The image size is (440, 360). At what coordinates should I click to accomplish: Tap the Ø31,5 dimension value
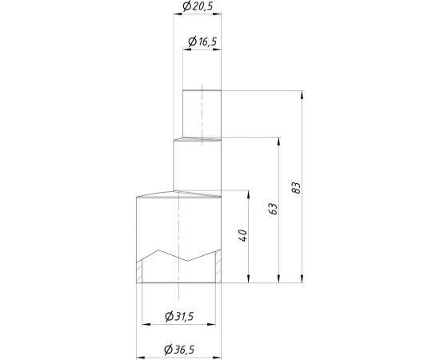(x=178, y=317)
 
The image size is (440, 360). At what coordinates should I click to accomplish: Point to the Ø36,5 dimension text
(x=178, y=350)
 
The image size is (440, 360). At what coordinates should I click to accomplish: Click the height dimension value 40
(x=242, y=235)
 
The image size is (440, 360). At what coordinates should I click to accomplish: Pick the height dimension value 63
(x=272, y=210)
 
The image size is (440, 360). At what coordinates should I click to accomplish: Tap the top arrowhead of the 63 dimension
(x=278, y=142)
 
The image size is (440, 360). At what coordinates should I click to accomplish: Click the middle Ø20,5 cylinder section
(x=197, y=164)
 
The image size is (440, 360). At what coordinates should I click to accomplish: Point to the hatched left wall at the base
(x=138, y=270)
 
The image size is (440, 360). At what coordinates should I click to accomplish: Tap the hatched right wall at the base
(x=218, y=270)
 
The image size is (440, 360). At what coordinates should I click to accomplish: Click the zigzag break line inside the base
(x=178, y=256)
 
